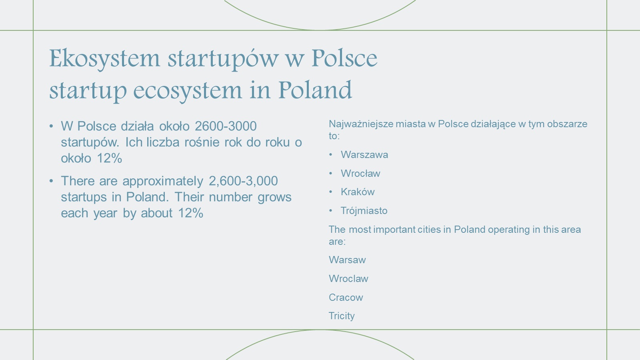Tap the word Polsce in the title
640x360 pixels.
[x=344, y=58]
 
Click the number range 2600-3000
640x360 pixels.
[x=226, y=126]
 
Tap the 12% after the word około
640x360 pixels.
[x=110, y=158]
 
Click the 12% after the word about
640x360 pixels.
[x=190, y=213]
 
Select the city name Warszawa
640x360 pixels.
[x=364, y=154]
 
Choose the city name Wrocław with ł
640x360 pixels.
[x=360, y=173]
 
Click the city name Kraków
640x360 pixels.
[x=358, y=192]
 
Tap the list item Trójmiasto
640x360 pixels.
[x=364, y=210]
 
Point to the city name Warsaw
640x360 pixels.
[x=347, y=260]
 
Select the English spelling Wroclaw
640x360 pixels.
[x=348, y=278]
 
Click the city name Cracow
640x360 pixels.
[x=346, y=298]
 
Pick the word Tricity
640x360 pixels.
[x=342, y=316]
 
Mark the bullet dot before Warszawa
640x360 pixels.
[x=330, y=155]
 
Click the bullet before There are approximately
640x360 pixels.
[x=51, y=181]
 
